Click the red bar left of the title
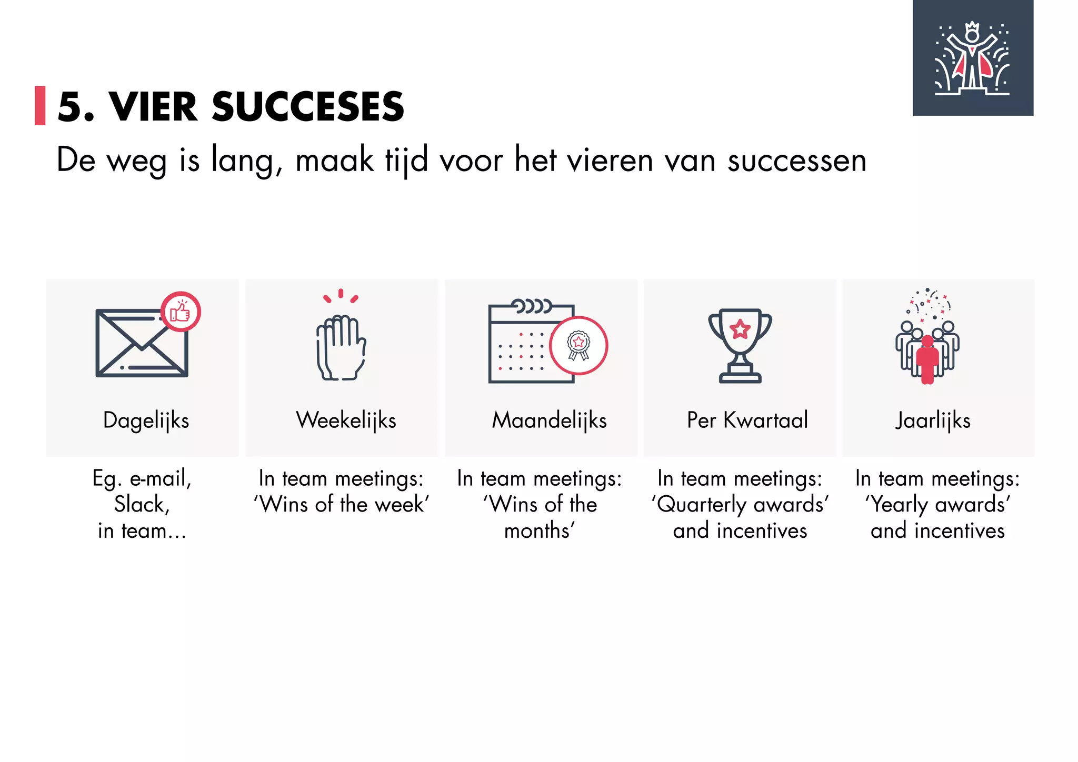pos(40,106)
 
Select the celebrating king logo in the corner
pos(973,58)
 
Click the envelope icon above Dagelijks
pos(141,344)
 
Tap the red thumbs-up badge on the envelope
pos(181,312)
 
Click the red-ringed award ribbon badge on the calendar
pos(578,345)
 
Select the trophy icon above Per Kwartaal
pos(740,345)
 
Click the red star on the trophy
pos(740,329)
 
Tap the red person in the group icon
pos(927,360)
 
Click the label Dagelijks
pos(146,420)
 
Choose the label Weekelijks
pos(346,420)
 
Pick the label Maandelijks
pos(549,420)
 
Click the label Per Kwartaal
pos(747,420)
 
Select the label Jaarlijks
pos(933,420)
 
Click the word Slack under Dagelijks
pos(141,505)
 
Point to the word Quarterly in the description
pos(702,505)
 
